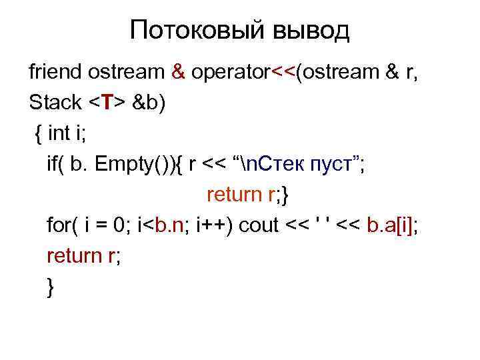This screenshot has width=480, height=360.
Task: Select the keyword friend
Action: (x=55, y=73)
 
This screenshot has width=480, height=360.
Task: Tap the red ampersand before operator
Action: (x=177, y=73)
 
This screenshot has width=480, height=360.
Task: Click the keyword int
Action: (x=61, y=133)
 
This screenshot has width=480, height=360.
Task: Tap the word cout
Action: (x=260, y=225)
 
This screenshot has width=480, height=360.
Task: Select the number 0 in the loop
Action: (x=120, y=225)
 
